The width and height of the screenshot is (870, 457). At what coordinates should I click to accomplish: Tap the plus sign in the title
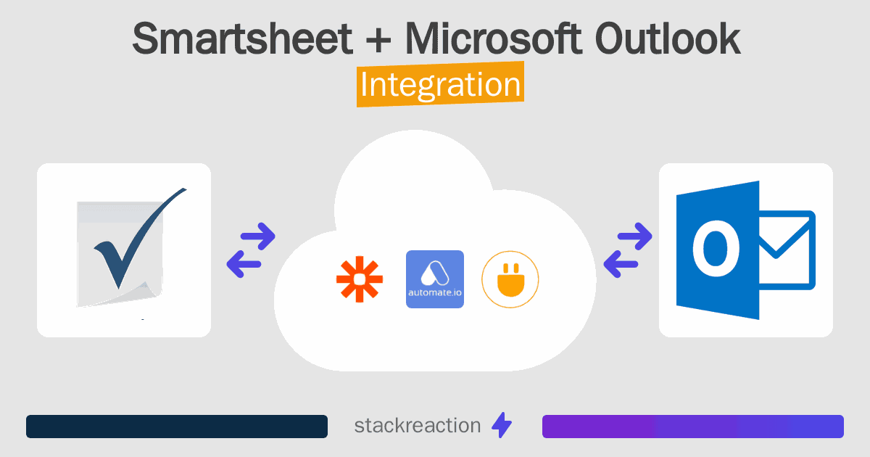point(376,39)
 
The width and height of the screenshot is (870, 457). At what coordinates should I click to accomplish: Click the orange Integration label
point(440,85)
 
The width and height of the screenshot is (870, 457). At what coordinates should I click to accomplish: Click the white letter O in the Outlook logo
point(716,249)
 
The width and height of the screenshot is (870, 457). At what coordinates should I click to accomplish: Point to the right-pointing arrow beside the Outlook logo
point(634,236)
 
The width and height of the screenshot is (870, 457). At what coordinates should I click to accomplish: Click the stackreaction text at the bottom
point(417,426)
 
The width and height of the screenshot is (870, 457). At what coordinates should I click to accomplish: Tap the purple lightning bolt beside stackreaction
point(502,426)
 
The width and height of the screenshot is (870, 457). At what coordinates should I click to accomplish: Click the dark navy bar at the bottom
point(177,427)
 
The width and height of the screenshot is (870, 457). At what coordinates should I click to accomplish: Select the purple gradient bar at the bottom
point(693,427)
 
